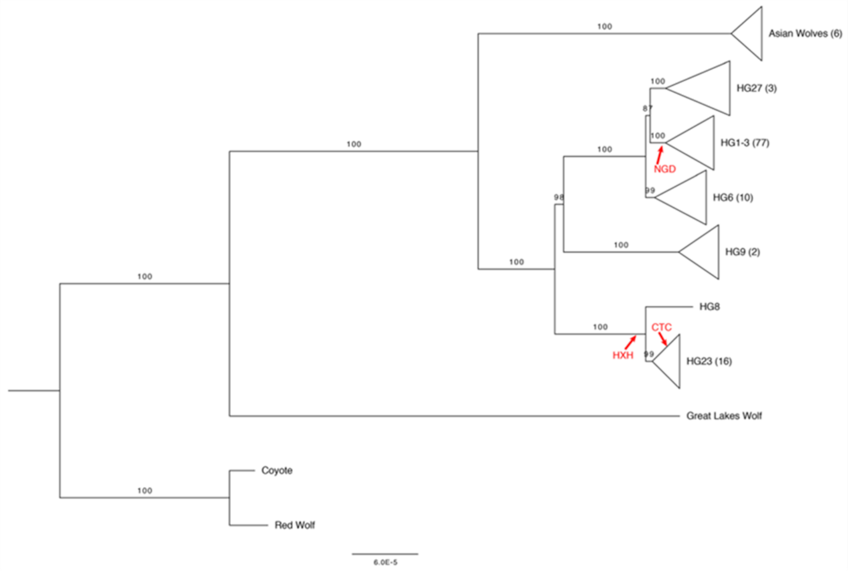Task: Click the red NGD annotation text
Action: [665, 170]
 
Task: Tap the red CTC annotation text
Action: [662, 327]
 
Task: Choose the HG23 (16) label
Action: [708, 361]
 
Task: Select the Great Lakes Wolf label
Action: [724, 416]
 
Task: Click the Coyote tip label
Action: [276, 470]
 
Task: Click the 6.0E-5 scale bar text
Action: [385, 562]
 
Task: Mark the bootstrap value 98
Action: [559, 198]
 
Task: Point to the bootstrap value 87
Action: [647, 108]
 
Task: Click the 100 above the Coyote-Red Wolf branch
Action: [145, 491]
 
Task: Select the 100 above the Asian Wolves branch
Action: [604, 27]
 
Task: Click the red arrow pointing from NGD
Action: [660, 154]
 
